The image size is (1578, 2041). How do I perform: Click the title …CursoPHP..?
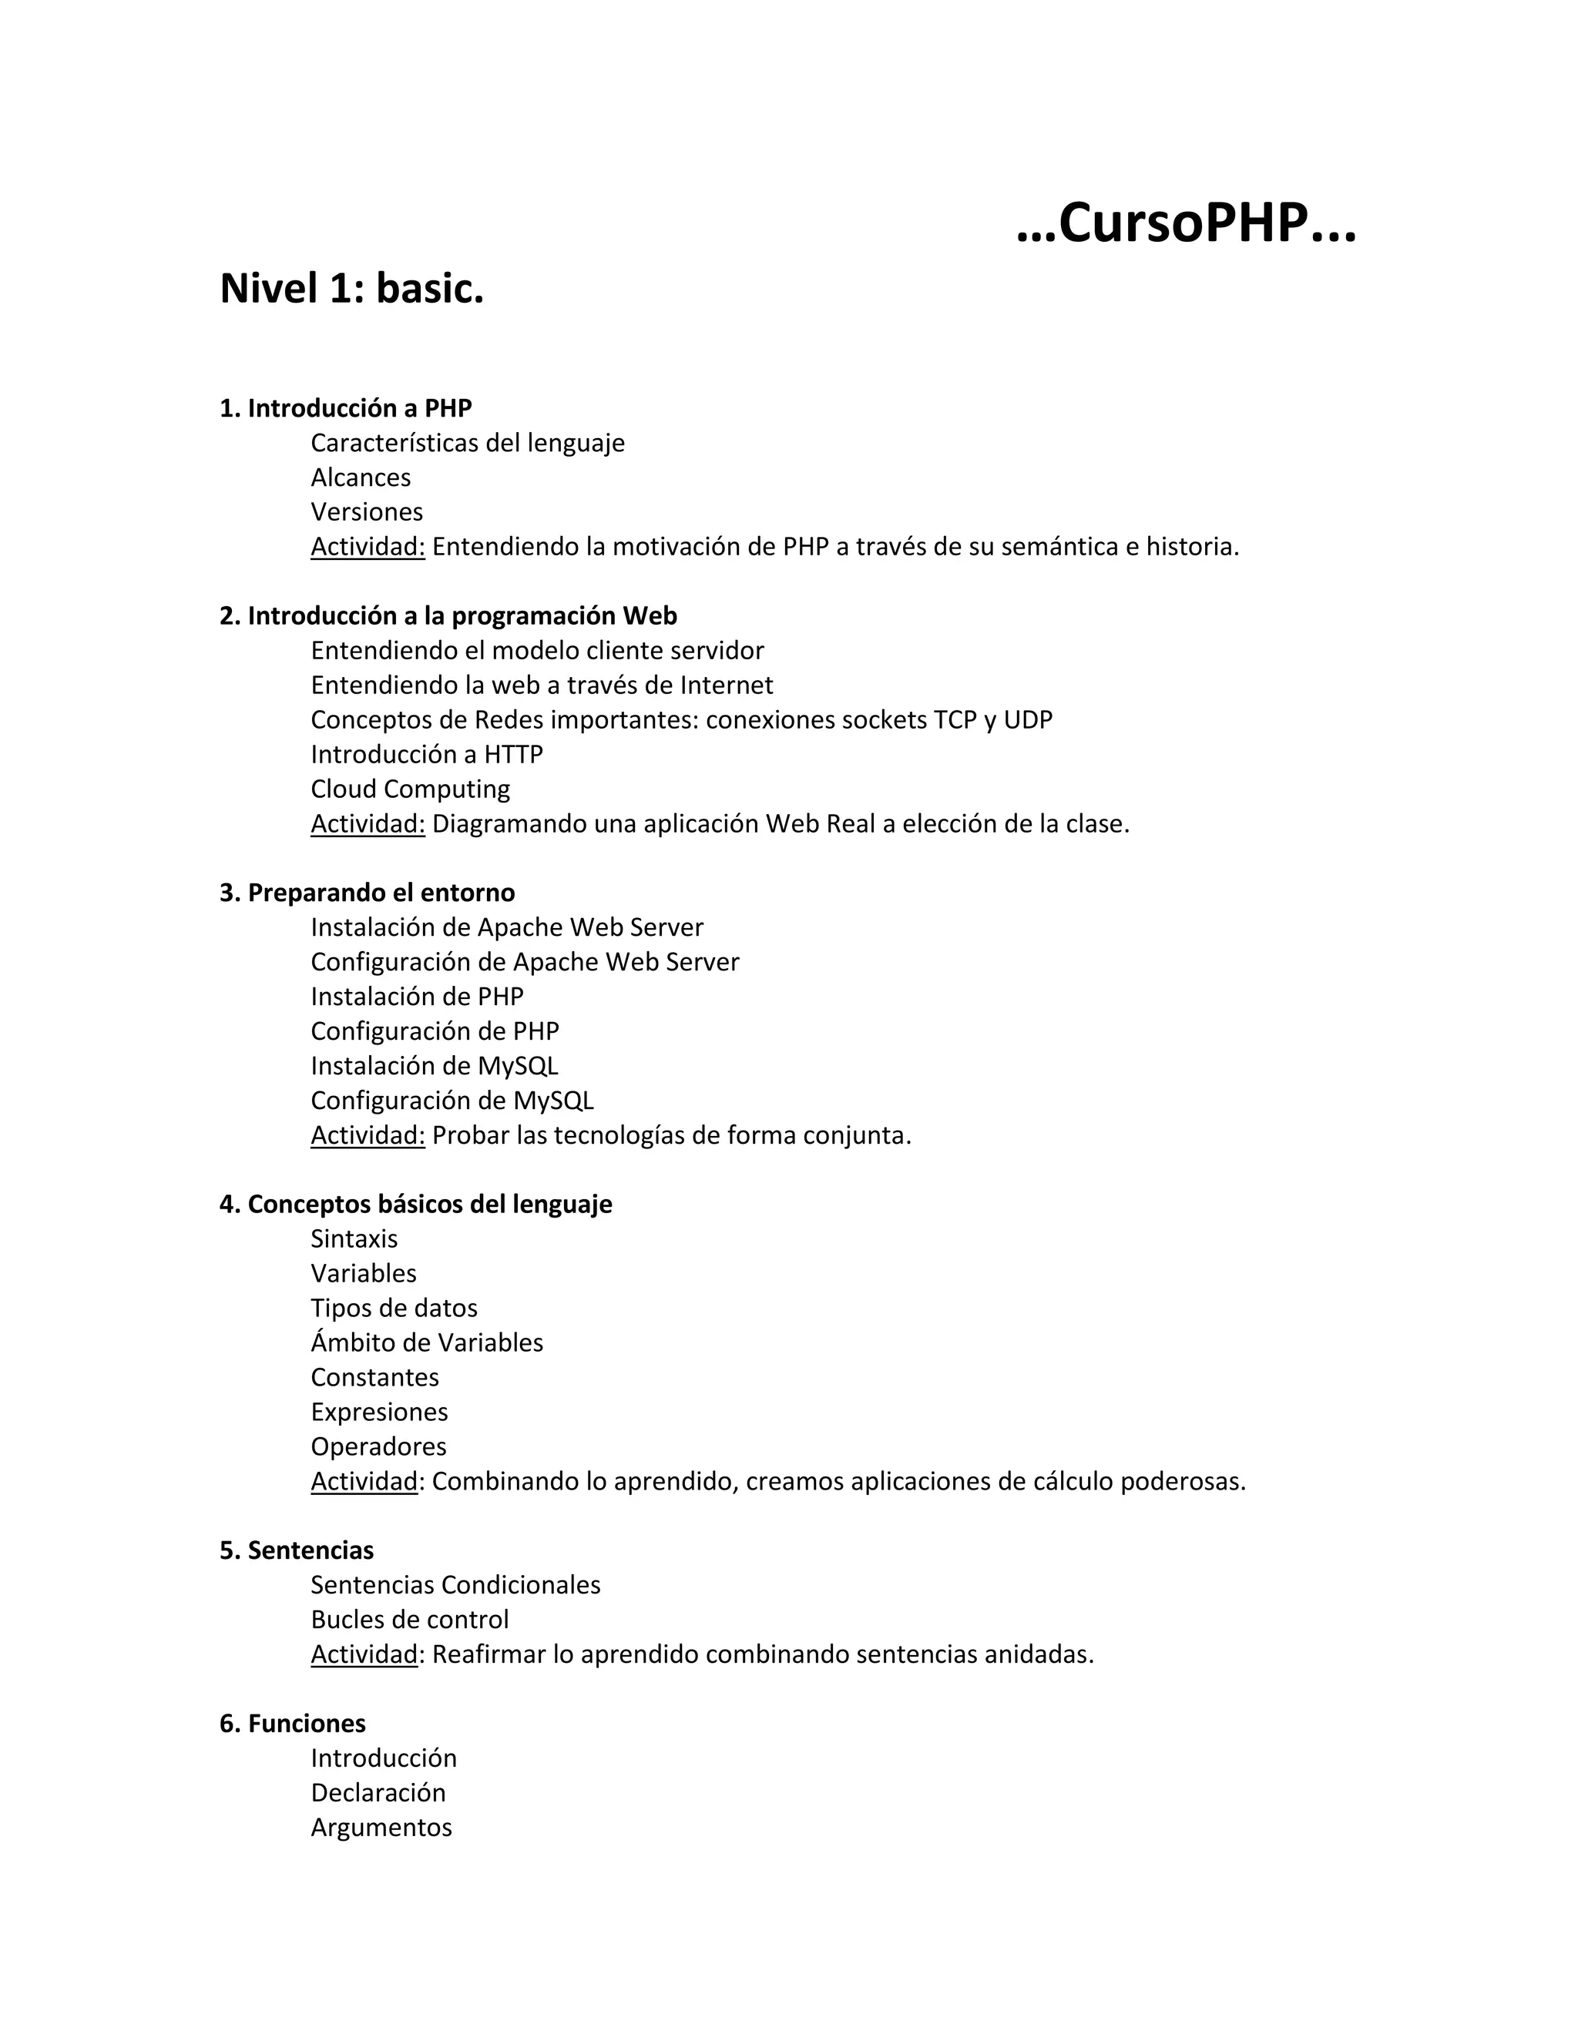click(1185, 224)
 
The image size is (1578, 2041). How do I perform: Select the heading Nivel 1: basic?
click(351, 289)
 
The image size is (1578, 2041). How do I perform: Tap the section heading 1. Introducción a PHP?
click(345, 408)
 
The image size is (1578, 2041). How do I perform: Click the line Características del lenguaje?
click(468, 443)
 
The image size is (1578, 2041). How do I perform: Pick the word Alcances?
click(360, 478)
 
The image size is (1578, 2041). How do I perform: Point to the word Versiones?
click(367, 512)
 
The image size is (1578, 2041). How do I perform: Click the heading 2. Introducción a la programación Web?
click(448, 616)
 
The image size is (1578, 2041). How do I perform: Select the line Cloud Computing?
click(411, 789)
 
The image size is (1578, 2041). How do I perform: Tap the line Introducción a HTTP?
click(426, 754)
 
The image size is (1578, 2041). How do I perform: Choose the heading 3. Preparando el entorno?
click(367, 893)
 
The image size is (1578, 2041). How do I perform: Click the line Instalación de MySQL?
click(434, 1066)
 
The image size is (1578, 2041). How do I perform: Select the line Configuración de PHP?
click(435, 1032)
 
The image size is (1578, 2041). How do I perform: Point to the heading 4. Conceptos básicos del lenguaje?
click(415, 1205)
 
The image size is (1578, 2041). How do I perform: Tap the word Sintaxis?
click(354, 1239)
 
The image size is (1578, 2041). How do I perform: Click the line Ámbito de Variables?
click(426, 1343)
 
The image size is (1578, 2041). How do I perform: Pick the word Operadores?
click(378, 1446)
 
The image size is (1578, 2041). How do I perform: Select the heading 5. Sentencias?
click(297, 1550)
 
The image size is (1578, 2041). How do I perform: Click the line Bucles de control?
click(409, 1620)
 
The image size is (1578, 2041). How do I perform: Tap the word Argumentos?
click(381, 1827)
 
